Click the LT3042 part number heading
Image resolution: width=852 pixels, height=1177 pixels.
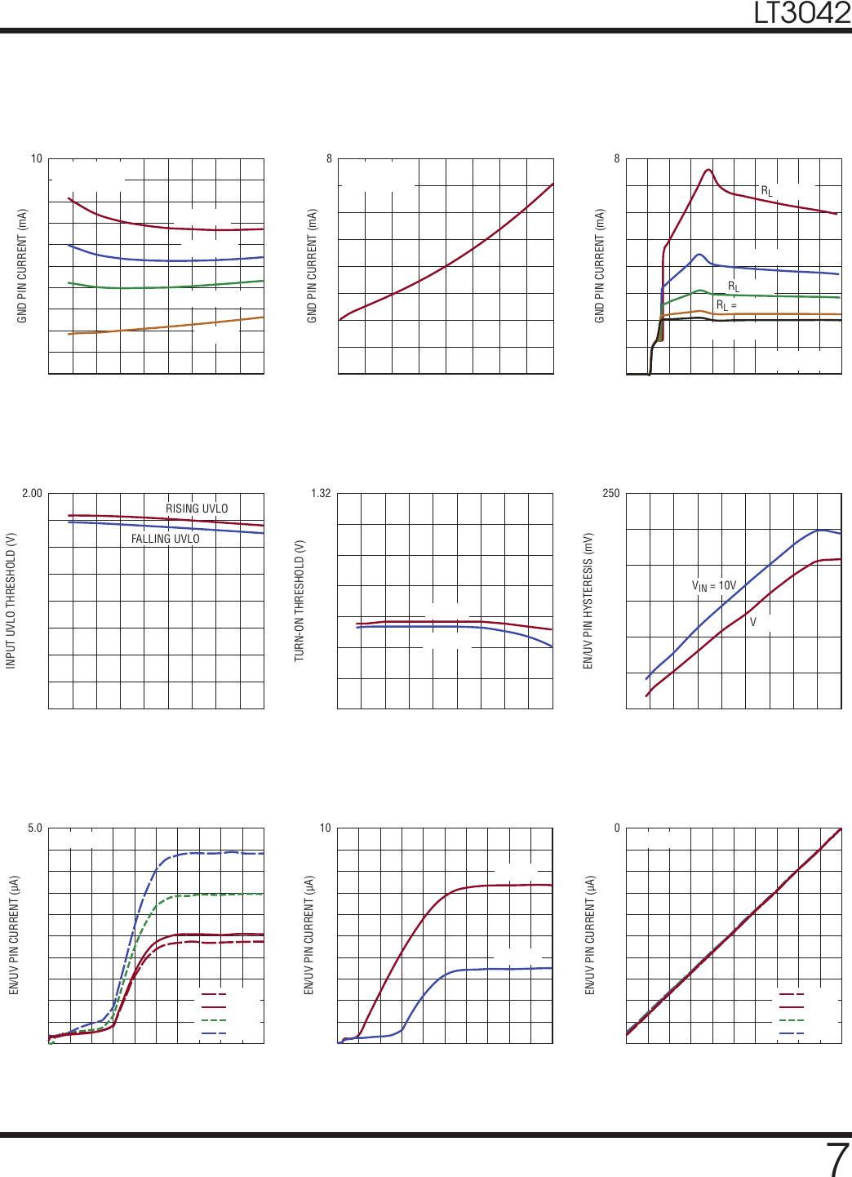[801, 13]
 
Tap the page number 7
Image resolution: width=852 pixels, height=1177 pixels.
[837, 1159]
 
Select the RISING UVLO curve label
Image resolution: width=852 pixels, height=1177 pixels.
[197, 509]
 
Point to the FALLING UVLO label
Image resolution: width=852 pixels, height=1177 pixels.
[165, 539]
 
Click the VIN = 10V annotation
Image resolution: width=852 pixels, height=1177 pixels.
[713, 585]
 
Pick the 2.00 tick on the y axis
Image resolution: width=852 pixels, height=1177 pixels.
[32, 493]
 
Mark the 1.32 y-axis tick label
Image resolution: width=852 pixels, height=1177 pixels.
[321, 493]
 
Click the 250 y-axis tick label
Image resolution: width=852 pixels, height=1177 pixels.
[610, 493]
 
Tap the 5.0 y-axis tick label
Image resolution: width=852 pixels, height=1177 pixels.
[34, 828]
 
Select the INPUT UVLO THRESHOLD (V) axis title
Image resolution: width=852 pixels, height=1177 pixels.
[11, 601]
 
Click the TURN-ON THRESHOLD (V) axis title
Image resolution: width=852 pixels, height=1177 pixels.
[300, 600]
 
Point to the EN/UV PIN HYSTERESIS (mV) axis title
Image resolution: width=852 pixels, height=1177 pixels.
[588, 601]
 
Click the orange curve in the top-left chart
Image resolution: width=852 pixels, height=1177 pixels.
[163, 327]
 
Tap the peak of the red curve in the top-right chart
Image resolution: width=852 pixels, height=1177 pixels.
[708, 170]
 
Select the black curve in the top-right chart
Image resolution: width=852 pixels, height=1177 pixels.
[775, 320]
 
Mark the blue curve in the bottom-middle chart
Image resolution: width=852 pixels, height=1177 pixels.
[490, 969]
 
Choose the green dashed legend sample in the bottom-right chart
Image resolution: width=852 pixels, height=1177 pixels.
[792, 1020]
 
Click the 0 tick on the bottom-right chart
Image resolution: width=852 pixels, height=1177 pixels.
[617, 828]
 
